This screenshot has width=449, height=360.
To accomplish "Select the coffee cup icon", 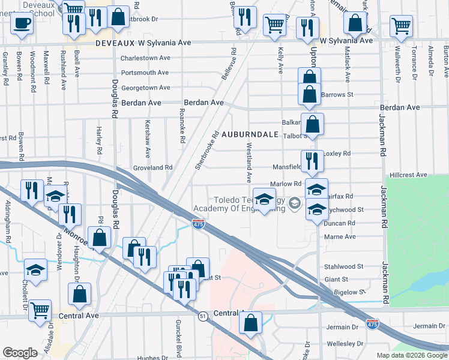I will point(22,23).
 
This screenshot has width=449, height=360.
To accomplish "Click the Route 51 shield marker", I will point(204,316).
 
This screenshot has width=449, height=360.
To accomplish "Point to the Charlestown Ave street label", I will point(145,58).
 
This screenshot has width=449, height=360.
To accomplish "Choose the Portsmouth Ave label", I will point(145,73).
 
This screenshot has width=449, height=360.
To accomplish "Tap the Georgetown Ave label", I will point(145,88).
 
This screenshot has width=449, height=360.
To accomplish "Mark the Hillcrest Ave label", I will point(408,175).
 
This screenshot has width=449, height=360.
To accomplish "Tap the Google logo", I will point(20,353).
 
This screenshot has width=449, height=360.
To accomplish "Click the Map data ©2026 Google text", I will point(411,355).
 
